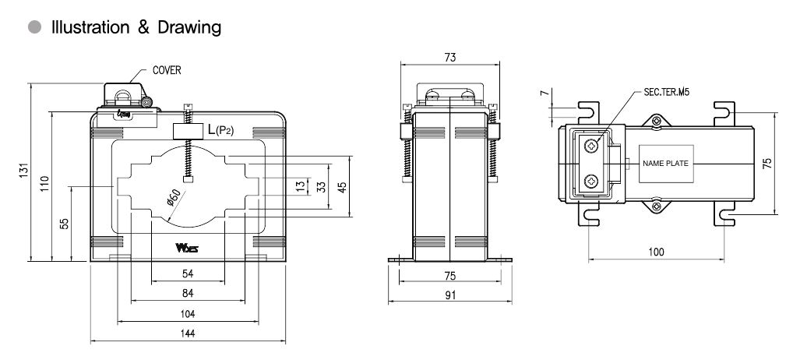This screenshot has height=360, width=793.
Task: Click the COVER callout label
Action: (x=167, y=70)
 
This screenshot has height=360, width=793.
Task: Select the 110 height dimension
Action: (x=45, y=184)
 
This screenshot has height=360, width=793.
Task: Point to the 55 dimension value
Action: (x=65, y=223)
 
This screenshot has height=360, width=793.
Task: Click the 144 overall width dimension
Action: (x=187, y=333)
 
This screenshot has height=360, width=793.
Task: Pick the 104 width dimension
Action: (x=187, y=313)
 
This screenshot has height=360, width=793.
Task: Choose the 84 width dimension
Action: (x=187, y=293)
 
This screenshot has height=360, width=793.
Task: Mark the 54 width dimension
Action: (x=187, y=274)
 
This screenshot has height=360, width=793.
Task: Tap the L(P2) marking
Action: (x=220, y=130)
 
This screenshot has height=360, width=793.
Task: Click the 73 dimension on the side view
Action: (x=449, y=57)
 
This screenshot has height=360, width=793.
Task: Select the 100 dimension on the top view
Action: (x=657, y=253)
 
